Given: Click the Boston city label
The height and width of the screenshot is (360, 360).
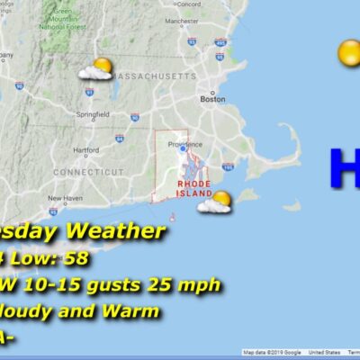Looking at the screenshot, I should (x=212, y=100).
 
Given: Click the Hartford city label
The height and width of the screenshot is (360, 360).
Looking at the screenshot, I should (x=86, y=149).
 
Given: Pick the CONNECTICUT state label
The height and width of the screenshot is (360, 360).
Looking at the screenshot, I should (x=87, y=171).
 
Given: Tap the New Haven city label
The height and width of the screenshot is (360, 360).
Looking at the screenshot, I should (x=65, y=198).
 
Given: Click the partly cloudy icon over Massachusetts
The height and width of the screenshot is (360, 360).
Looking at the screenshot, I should (x=96, y=70).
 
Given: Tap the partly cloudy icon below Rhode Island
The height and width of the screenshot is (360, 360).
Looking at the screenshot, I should (x=216, y=202).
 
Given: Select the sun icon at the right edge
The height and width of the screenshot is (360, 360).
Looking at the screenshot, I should (x=349, y=53).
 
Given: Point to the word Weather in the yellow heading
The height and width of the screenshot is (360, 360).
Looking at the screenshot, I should (x=122, y=232).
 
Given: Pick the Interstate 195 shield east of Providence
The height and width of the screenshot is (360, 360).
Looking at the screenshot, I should (x=228, y=166).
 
